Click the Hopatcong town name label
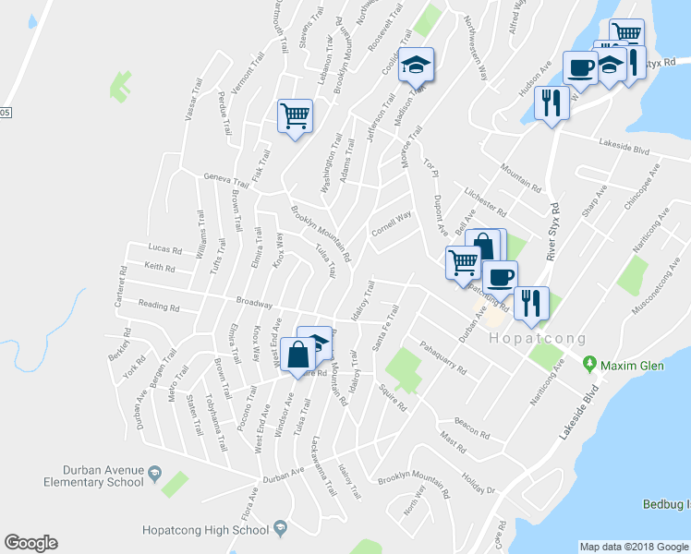pyautogui.click(x=532, y=339)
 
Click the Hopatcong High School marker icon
pyautogui.click(x=279, y=529)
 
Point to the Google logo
pyautogui.click(x=30, y=543)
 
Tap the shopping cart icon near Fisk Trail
pyautogui.click(x=295, y=116)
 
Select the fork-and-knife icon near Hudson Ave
pyautogui.click(x=552, y=102)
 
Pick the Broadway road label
pyautogui.click(x=254, y=302)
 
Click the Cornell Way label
pyautogui.click(x=391, y=224)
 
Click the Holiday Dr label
pyautogui.click(x=479, y=484)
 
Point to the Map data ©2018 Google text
pyautogui.click(x=633, y=547)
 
